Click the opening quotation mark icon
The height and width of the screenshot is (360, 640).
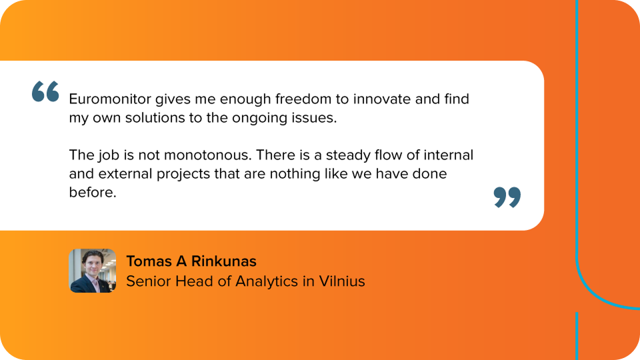45,91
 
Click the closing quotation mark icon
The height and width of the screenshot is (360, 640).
507,197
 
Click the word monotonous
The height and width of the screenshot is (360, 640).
208,155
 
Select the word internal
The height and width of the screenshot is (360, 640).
448,155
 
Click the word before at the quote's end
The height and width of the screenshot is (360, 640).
93,192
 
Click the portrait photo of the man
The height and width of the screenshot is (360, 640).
93,271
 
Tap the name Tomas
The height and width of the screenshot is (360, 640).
149,261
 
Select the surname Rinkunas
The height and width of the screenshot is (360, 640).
224,261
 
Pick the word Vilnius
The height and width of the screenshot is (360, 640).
342,281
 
